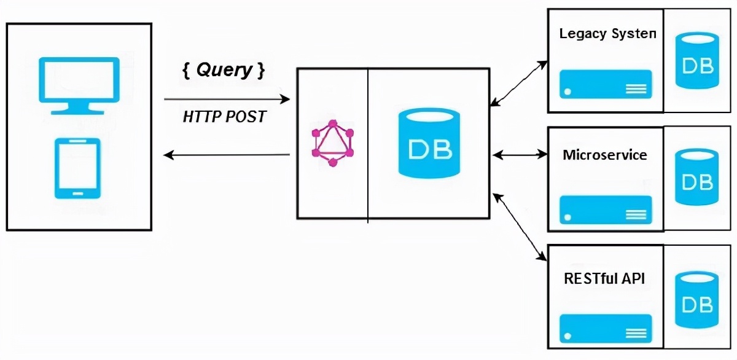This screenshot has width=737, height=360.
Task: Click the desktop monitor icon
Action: click(79, 85)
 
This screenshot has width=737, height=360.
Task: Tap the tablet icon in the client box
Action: click(77, 168)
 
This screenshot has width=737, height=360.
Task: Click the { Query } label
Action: click(224, 70)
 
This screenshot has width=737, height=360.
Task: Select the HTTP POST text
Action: click(225, 117)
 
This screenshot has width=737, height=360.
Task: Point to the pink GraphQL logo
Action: click(333, 143)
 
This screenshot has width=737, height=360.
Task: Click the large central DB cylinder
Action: click(429, 144)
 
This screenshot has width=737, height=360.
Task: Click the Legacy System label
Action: click(607, 33)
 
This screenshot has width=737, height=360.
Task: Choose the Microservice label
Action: click(605, 155)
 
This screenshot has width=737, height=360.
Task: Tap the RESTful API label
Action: click(604, 278)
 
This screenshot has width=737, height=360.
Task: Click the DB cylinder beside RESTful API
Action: click(697, 299)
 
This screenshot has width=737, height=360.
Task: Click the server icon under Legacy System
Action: click(606, 84)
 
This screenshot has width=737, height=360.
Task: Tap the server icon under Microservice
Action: click(606, 209)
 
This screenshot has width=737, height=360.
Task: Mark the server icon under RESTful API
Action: click(606, 328)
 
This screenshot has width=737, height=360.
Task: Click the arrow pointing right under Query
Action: click(227, 98)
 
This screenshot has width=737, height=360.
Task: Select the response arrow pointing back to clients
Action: click(227, 155)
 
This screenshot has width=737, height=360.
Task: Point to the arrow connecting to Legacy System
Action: click(519, 83)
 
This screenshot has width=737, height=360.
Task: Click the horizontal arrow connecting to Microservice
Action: click(520, 155)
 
